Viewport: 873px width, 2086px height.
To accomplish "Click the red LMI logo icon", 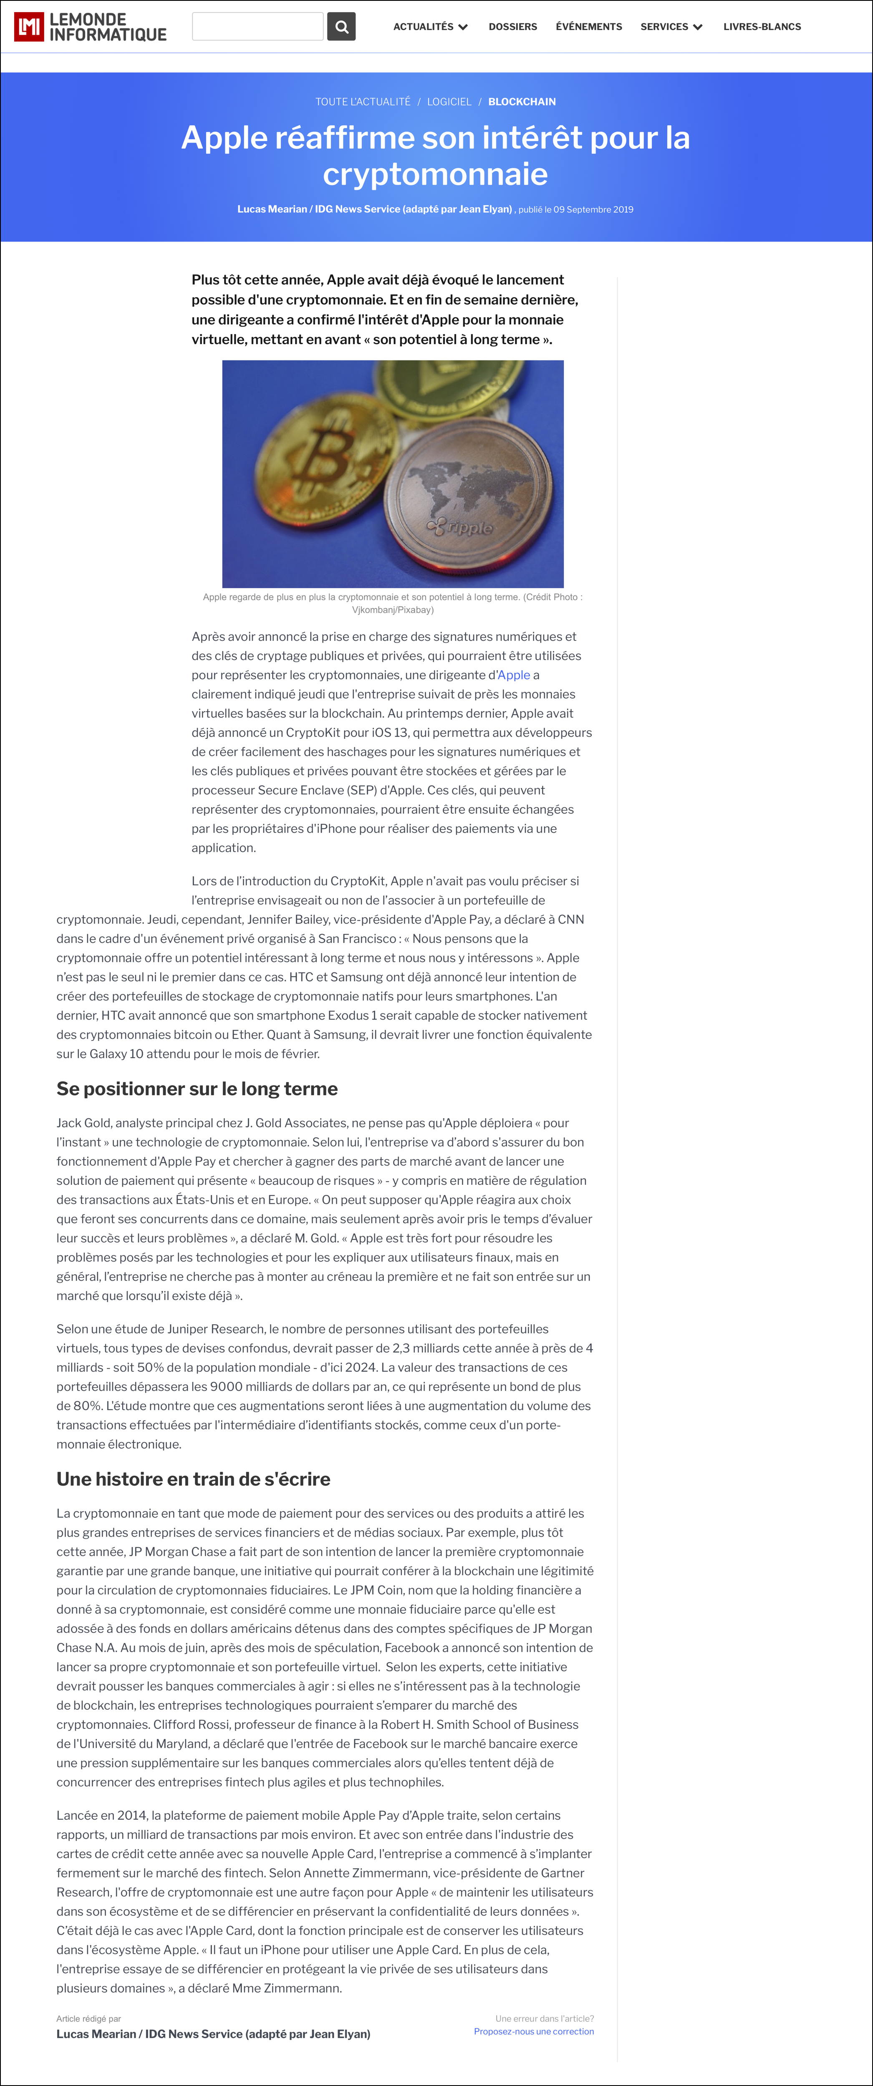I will [x=29, y=27].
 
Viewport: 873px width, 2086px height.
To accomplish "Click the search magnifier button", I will [x=341, y=27].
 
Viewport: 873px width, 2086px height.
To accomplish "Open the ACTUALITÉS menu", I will [x=430, y=27].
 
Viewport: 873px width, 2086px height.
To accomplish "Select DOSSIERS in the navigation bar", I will [x=512, y=27].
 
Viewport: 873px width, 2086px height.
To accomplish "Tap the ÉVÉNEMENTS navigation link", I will [x=589, y=27].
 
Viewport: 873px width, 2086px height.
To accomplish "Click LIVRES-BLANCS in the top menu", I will [x=762, y=27].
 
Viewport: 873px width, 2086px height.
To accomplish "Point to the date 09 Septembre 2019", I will [x=593, y=210].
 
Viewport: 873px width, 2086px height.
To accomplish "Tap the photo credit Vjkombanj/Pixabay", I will [x=393, y=610].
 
